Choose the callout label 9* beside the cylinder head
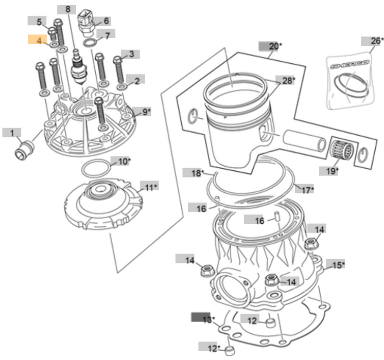(x=146, y=112)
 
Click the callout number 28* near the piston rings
(x=286, y=80)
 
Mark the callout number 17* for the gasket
(x=307, y=190)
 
